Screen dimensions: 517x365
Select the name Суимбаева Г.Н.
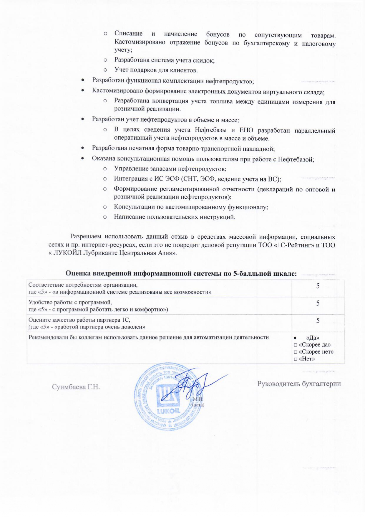pyautogui.click(x=76, y=387)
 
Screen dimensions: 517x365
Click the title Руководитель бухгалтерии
pyautogui.click(x=299, y=384)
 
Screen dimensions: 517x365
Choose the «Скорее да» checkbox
pyautogui.click(x=295, y=345)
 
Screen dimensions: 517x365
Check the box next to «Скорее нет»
pyautogui.click(x=295, y=352)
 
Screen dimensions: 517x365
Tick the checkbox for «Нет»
pyautogui.click(x=295, y=359)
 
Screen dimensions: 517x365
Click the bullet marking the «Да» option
pyautogui.click(x=295, y=338)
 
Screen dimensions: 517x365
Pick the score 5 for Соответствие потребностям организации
pyautogui.click(x=318, y=286)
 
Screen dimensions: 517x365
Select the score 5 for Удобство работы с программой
pyautogui.click(x=318, y=303)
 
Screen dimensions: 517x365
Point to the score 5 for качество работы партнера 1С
pyautogui.click(x=318, y=321)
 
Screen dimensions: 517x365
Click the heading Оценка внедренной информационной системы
pyautogui.click(x=181, y=273)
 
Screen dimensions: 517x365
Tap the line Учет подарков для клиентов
pyautogui.click(x=156, y=70)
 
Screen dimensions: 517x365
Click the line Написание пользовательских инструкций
pyautogui.click(x=175, y=217)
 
